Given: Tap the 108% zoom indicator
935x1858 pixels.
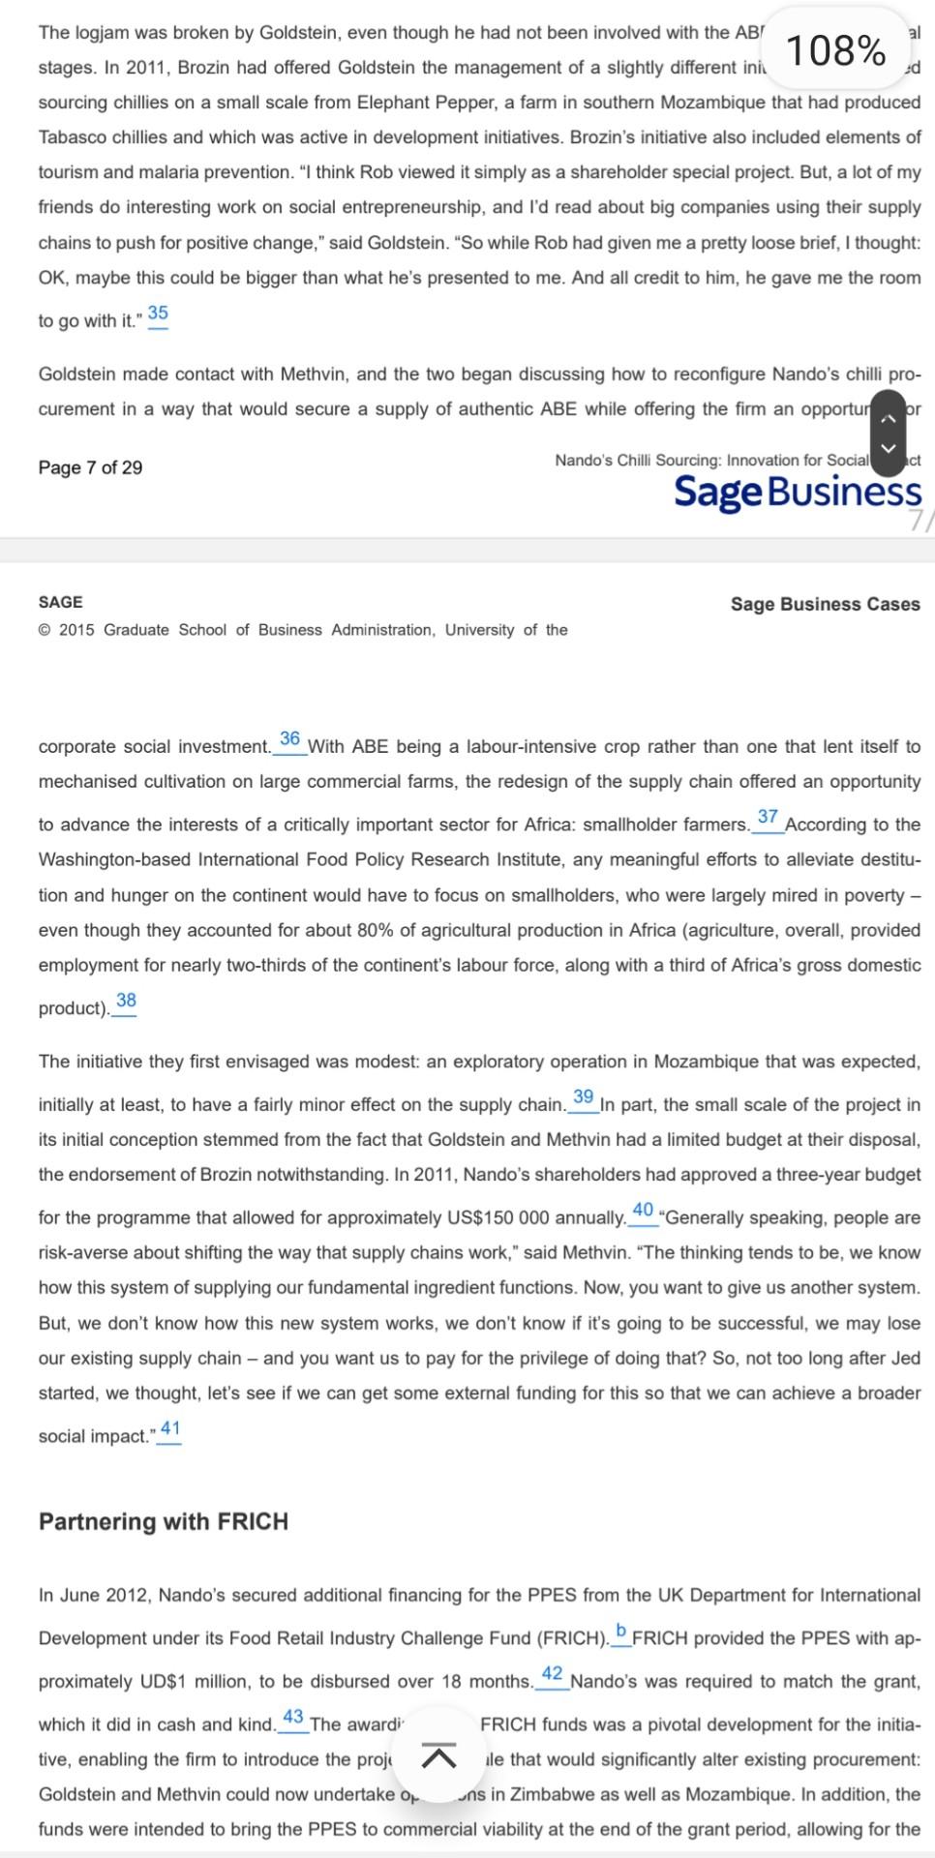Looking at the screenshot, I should click(x=835, y=50).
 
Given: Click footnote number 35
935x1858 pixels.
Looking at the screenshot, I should click(x=158, y=314).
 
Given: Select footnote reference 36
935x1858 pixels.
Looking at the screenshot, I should click(x=289, y=739).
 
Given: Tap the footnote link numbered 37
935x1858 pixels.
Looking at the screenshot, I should click(x=768, y=818).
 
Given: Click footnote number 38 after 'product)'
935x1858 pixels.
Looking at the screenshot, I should click(x=126, y=1001).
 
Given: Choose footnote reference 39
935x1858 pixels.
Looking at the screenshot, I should click(x=583, y=1097).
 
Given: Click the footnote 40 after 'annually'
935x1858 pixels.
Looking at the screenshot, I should click(x=643, y=1211).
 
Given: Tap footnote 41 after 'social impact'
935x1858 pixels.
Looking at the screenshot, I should click(x=170, y=1429).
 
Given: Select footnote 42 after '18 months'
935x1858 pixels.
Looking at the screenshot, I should click(x=552, y=1674).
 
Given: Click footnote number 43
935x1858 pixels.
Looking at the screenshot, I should click(x=293, y=1718).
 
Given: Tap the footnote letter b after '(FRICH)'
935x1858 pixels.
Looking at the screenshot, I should click(x=620, y=1632).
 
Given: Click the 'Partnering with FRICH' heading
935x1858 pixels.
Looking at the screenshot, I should click(x=164, y=1522).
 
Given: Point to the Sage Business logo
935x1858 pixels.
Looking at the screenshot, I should click(x=797, y=492).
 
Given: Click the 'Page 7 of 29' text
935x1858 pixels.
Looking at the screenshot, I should click(x=90, y=467).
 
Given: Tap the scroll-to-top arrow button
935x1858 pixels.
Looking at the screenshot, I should click(x=439, y=1754).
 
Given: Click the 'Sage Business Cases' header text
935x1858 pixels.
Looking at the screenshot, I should click(x=825, y=604).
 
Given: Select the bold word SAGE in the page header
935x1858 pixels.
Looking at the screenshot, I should click(x=60, y=602).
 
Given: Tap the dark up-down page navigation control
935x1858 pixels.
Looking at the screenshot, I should click(x=888, y=433).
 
